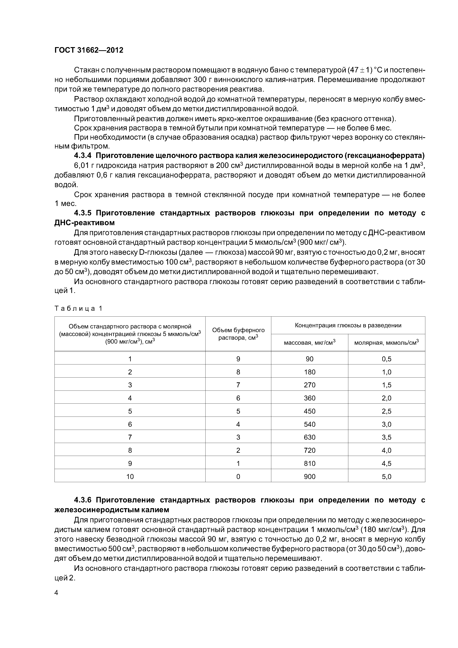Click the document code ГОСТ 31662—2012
tap(89, 50)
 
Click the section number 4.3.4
tap(83, 156)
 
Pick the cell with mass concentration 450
tap(309, 411)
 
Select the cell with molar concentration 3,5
tap(386, 437)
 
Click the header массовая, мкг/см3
tap(309, 343)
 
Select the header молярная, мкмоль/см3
tap(386, 343)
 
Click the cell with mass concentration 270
tap(309, 385)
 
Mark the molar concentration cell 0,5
tap(386, 359)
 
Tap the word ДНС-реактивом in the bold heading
tap(84, 223)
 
